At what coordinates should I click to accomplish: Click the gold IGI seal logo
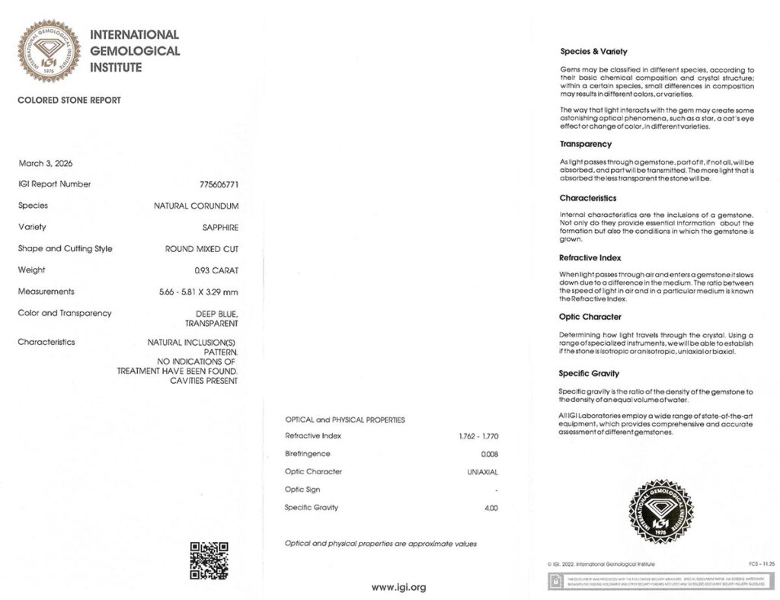(x=49, y=51)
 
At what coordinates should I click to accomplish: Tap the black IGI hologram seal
(x=660, y=511)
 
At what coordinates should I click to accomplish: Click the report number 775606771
(x=219, y=184)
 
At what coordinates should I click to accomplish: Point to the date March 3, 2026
(x=45, y=163)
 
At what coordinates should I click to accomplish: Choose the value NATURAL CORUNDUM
(x=197, y=206)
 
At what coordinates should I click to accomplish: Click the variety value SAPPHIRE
(x=221, y=227)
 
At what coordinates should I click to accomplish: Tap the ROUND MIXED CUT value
(x=201, y=249)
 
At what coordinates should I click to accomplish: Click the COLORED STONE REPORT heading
(x=69, y=101)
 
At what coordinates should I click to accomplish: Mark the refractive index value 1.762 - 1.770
(x=474, y=436)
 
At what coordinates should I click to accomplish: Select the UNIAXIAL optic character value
(x=482, y=472)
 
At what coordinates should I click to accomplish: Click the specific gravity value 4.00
(x=491, y=508)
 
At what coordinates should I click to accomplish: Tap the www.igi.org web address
(x=398, y=587)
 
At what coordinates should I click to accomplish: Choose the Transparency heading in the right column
(x=586, y=144)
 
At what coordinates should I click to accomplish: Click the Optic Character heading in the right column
(x=590, y=317)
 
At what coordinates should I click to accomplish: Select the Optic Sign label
(x=302, y=490)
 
